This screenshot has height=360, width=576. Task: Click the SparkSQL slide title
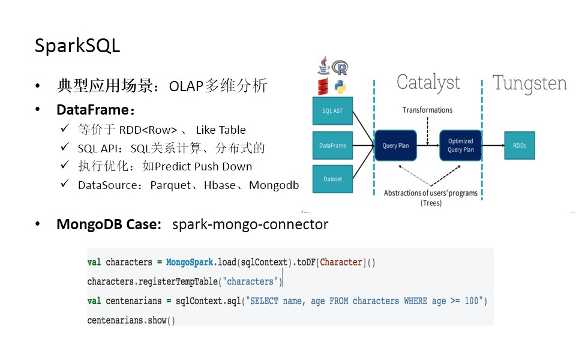coord(77,46)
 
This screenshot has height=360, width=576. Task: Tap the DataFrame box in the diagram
coord(332,146)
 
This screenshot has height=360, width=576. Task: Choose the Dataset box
coord(332,179)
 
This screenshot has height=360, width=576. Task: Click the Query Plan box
coord(395,146)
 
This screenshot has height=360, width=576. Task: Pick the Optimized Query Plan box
coord(460,146)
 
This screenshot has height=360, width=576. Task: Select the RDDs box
coord(519,146)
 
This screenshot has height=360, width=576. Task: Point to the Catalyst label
coord(428,82)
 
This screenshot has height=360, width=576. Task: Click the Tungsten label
coord(529,83)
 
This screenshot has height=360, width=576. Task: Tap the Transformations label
coord(427,110)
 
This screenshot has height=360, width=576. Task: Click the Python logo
coord(340,86)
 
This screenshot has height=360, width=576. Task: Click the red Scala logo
coord(323,86)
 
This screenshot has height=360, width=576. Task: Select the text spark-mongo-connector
coord(250,224)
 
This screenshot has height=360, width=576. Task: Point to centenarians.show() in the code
coord(131,320)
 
